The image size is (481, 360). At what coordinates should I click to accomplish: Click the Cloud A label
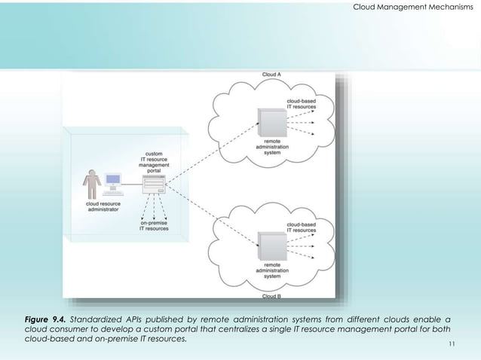click(271, 75)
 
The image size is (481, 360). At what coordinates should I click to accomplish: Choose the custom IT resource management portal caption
click(154, 160)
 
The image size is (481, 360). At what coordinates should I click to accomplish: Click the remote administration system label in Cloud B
click(271, 270)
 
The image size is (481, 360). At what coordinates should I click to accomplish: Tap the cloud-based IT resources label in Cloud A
click(301, 104)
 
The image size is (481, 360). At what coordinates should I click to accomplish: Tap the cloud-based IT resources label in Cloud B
click(301, 227)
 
